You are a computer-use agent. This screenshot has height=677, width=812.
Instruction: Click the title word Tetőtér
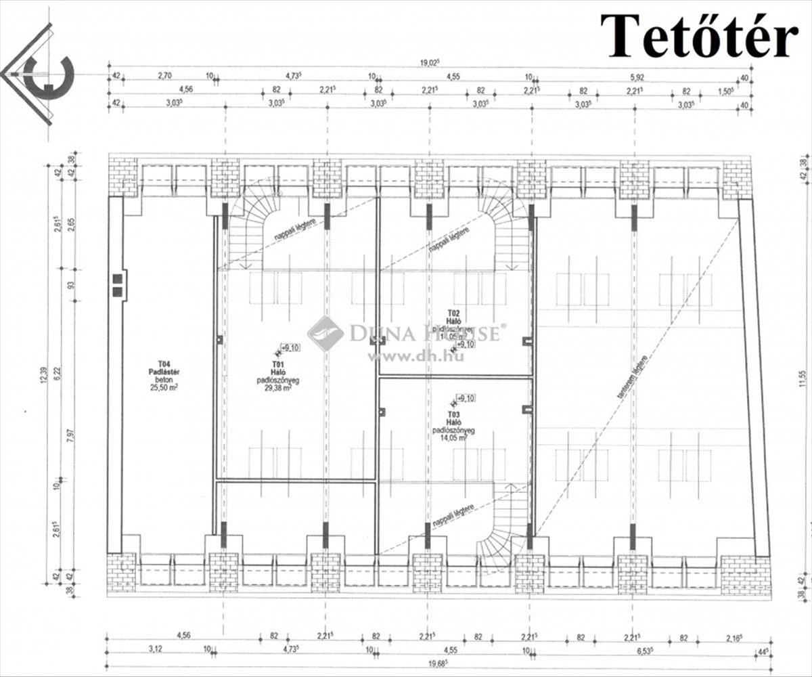click(699, 35)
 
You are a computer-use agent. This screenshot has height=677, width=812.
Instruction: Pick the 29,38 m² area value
click(277, 389)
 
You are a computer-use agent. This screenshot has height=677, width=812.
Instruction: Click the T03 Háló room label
click(453, 418)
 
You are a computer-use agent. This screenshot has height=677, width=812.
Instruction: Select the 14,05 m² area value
click(453, 437)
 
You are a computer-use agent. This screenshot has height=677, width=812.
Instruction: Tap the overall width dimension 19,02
click(428, 63)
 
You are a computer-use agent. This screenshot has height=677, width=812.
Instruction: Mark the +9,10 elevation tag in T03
click(466, 397)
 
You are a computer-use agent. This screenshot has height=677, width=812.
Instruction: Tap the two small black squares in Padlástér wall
click(117, 285)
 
